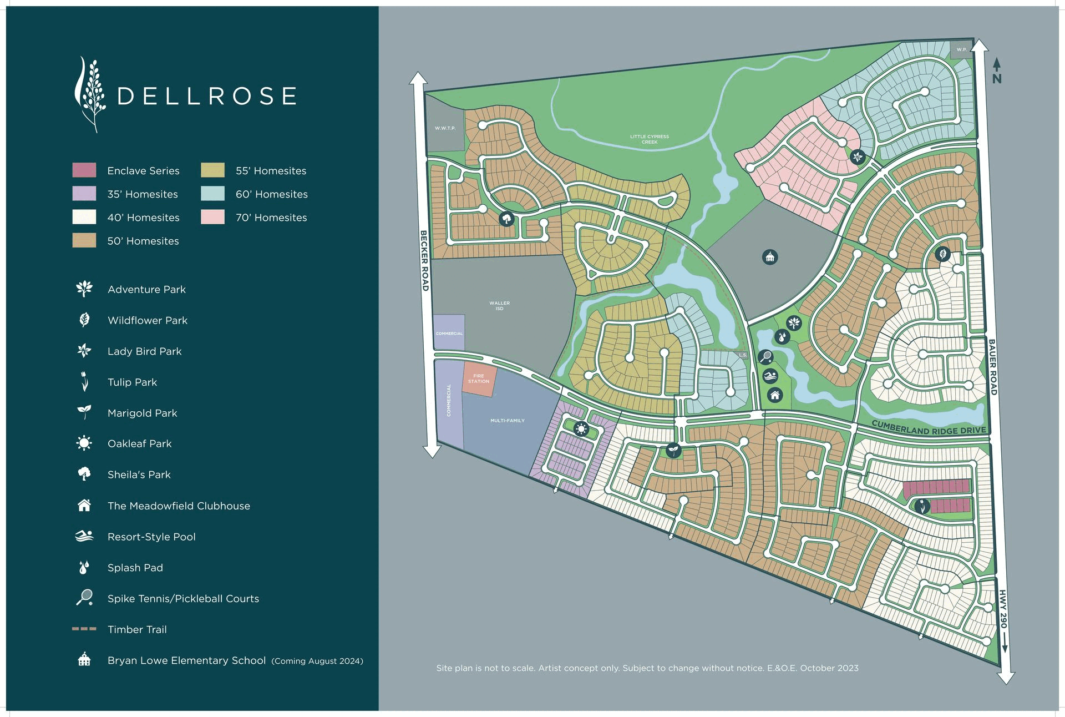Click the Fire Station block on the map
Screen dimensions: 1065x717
(479, 379)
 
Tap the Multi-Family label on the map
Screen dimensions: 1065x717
(507, 421)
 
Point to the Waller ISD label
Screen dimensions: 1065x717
(499, 306)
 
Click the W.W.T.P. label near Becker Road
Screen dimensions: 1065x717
(445, 128)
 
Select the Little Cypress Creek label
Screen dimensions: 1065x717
(650, 139)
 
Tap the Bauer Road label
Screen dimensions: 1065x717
(992, 367)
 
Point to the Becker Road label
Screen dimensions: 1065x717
(424, 260)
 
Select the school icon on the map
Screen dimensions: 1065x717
(769, 257)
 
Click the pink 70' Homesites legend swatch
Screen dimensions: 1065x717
(213, 217)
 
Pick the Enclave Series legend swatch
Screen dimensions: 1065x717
(84, 170)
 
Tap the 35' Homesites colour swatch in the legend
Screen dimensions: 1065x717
(84, 193)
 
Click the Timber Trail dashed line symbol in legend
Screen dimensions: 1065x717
(84, 629)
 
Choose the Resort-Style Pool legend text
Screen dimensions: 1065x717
(151, 537)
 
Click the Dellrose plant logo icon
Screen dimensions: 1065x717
(90, 94)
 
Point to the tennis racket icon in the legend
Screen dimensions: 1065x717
(84, 598)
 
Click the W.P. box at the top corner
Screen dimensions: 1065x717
(961, 49)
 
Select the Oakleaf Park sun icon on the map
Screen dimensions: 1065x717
(581, 428)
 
